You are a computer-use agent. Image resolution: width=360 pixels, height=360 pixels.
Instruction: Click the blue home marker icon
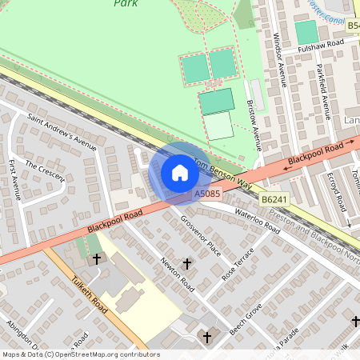pyautogui.click(x=180, y=172)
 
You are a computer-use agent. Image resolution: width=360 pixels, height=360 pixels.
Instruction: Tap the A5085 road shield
pyautogui.click(x=206, y=194)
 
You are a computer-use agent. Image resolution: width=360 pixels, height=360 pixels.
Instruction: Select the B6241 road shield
pyautogui.click(x=273, y=198)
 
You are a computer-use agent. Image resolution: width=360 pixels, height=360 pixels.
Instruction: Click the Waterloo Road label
pyautogui.click(x=256, y=220)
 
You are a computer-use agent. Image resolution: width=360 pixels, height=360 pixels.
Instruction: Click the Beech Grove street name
pyautogui.click(x=246, y=319)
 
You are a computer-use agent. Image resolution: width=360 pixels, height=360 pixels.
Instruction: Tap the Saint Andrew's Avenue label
pyautogui.click(x=62, y=132)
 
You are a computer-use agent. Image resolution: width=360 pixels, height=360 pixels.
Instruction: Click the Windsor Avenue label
pyautogui.click(x=281, y=59)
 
